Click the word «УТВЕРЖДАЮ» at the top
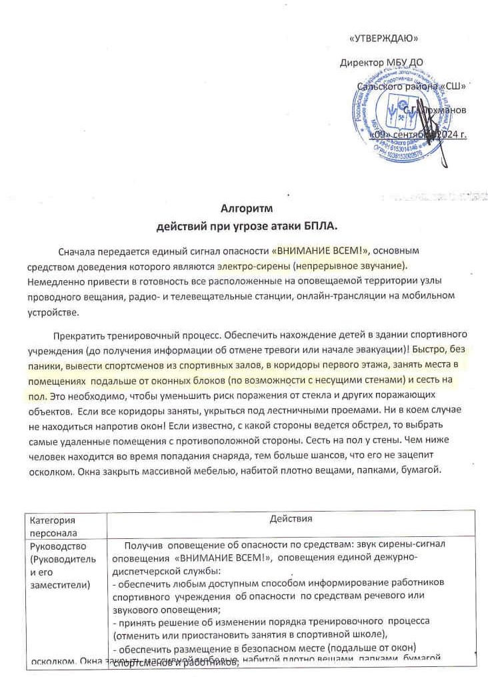tap(383, 38)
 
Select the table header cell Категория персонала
tap(53, 526)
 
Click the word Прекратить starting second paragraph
tap(77, 333)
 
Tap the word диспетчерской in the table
tap(145, 571)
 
